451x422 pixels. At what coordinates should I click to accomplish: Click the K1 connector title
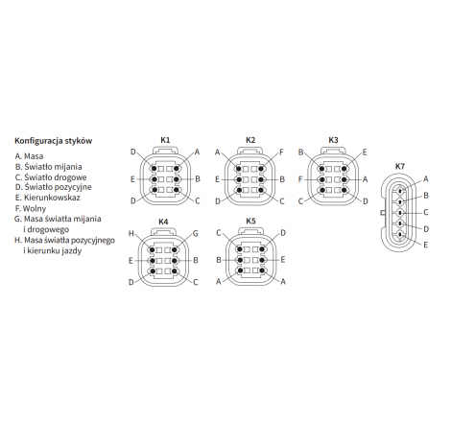(x=165, y=140)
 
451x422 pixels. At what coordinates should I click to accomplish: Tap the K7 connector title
(x=400, y=166)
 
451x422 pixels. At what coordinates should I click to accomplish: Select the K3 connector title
(x=333, y=140)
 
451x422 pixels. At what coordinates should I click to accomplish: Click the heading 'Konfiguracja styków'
(x=54, y=141)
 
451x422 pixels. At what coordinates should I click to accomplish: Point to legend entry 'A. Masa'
(x=29, y=156)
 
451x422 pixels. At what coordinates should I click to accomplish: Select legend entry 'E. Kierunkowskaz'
(x=48, y=198)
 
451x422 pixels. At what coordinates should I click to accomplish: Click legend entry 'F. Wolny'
(x=31, y=209)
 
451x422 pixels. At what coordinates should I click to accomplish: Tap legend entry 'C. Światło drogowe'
(x=51, y=177)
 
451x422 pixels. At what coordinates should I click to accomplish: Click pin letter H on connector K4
(x=131, y=234)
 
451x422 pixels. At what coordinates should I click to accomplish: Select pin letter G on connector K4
(x=196, y=234)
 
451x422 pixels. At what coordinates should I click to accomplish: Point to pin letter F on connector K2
(x=281, y=152)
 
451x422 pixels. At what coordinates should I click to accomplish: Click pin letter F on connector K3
(x=300, y=179)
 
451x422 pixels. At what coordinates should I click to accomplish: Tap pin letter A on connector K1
(x=197, y=152)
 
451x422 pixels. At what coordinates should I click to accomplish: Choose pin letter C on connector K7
(x=426, y=212)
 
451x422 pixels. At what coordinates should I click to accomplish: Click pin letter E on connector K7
(x=426, y=245)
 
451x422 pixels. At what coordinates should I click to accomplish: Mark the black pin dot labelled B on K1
(x=177, y=179)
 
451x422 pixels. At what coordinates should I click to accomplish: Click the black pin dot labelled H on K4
(x=153, y=249)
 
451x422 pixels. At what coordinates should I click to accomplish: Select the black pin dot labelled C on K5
(x=239, y=249)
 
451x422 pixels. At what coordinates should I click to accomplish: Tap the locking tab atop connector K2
(x=250, y=151)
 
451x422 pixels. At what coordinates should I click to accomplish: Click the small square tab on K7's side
(x=382, y=213)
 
